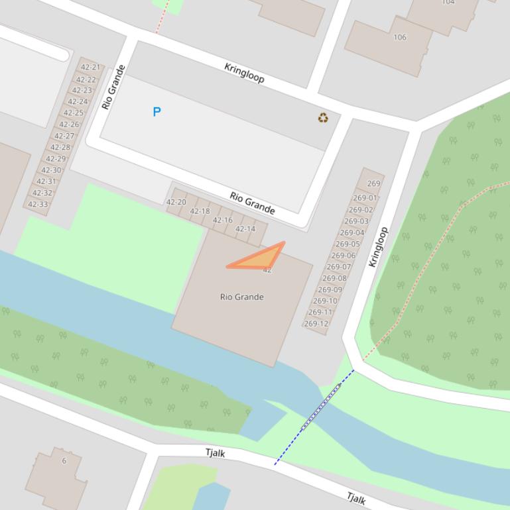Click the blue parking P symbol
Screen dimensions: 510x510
pyautogui.click(x=157, y=112)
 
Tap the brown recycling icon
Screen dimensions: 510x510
pyautogui.click(x=323, y=118)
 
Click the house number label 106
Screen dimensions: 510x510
pyautogui.click(x=400, y=37)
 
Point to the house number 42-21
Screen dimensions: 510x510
pyautogui.click(x=90, y=67)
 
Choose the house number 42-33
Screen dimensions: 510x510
pyautogui.click(x=38, y=204)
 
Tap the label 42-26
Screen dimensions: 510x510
pyautogui.click(x=69, y=124)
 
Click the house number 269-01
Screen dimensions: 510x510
pyautogui.click(x=365, y=197)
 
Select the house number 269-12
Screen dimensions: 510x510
pyautogui.click(x=316, y=324)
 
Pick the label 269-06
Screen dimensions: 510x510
pyautogui.click(x=344, y=255)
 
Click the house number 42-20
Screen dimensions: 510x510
pyautogui.click(x=176, y=202)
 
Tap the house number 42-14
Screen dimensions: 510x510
pyautogui.click(x=245, y=229)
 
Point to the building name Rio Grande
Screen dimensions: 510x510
pyautogui.click(x=241, y=297)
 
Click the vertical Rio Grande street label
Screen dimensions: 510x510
pyautogui.click(x=113, y=87)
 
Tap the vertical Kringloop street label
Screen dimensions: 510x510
pyautogui.click(x=377, y=247)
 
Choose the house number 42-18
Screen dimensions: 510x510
pyautogui.click(x=200, y=211)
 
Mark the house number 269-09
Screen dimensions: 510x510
pyautogui.click(x=330, y=289)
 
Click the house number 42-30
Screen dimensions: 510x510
pyautogui.click(x=51, y=170)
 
